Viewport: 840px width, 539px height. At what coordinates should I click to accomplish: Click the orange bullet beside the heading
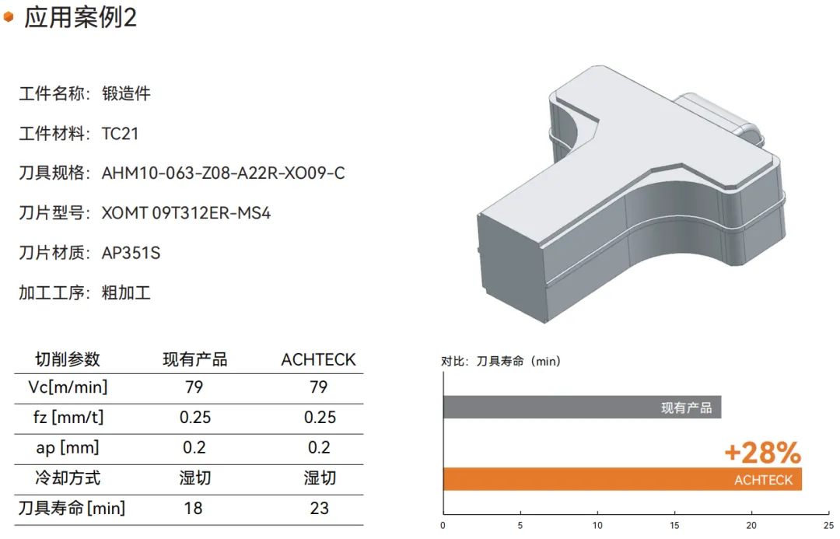pos(9,17)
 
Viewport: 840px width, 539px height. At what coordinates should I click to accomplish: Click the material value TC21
pos(120,134)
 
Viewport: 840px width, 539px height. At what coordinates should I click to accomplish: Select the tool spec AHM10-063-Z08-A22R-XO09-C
pos(223,173)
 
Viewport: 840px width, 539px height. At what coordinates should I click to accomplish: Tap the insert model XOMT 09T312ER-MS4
pos(186,213)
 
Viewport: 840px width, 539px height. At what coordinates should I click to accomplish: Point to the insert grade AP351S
pos(131,253)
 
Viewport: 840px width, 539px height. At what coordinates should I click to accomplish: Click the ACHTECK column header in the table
pos(318,359)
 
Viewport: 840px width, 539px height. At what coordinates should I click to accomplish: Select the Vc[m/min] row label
pos(68,387)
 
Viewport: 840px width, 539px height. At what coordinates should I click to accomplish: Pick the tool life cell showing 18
pos(194,508)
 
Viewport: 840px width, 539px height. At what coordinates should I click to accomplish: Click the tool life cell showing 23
pos(319,508)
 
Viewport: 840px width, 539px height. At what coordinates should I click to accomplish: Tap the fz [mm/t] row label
pos(68,417)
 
